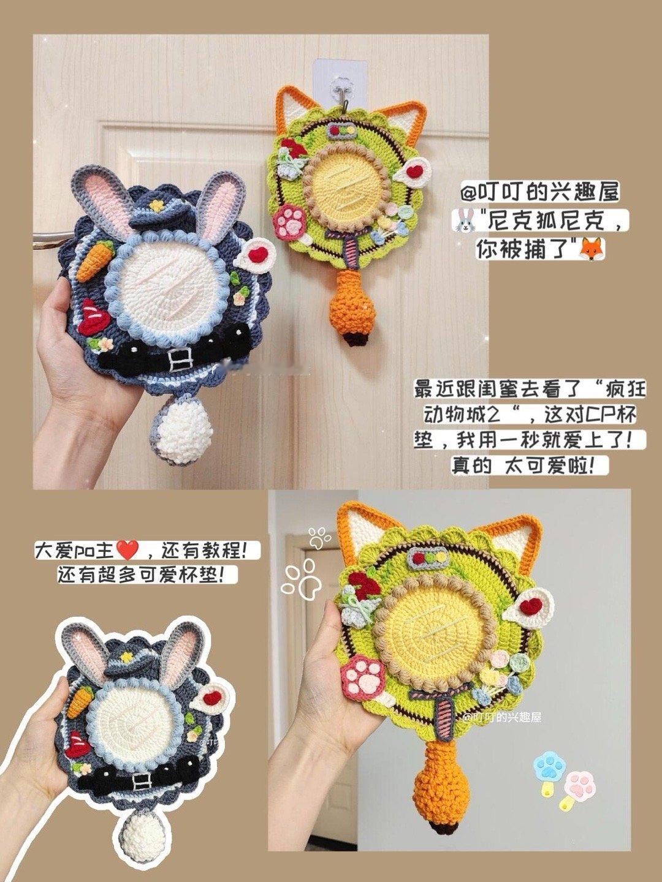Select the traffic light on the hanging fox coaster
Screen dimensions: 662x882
pos(341,130)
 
